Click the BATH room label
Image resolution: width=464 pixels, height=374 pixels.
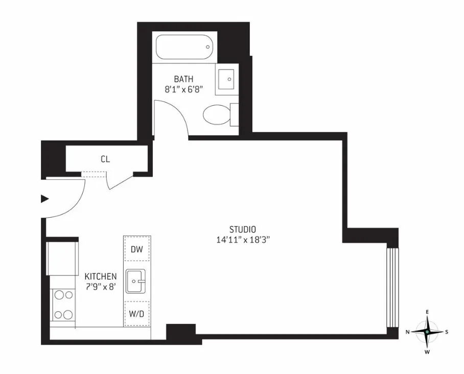coord(183,79)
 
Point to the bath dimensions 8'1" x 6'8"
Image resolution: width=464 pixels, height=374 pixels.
coord(183,89)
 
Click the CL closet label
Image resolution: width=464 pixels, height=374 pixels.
coord(105,159)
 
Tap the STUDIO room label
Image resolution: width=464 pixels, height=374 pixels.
coord(242,229)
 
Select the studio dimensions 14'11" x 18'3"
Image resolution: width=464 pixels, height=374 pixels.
coord(242,240)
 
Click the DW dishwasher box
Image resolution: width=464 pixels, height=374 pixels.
coord(136,249)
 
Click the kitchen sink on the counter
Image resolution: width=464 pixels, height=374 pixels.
coord(135,281)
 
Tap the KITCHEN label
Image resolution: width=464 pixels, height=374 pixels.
coord(101,276)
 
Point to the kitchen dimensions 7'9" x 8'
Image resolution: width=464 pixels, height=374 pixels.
coord(101,287)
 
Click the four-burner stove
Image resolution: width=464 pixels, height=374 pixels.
coord(63,305)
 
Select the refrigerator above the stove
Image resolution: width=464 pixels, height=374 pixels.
coord(61,259)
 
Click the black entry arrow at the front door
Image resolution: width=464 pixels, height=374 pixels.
coord(44,199)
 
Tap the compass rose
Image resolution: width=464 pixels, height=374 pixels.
coord(427,332)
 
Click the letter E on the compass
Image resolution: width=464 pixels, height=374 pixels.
coord(427,312)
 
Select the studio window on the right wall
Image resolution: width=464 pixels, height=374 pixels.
coord(391,287)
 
